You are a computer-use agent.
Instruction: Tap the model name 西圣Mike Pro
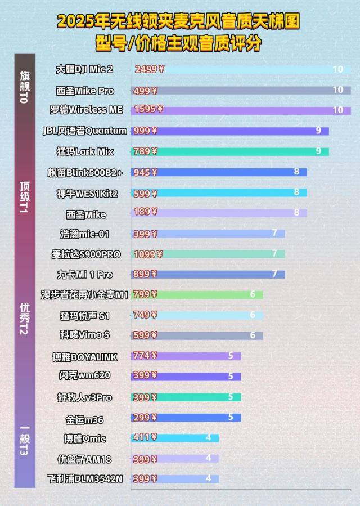click(x=85, y=91)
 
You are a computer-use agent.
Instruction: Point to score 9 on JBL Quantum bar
click(x=318, y=131)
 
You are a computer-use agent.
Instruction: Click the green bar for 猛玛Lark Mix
click(x=236, y=151)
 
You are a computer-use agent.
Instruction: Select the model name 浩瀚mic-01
click(x=85, y=234)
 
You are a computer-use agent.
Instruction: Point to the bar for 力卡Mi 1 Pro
click(x=214, y=275)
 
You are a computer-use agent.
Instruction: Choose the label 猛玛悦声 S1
click(x=85, y=315)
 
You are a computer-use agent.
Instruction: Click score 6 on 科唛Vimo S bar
click(x=253, y=335)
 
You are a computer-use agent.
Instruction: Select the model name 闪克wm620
click(x=84, y=375)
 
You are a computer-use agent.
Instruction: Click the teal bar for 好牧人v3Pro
click(x=191, y=397)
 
